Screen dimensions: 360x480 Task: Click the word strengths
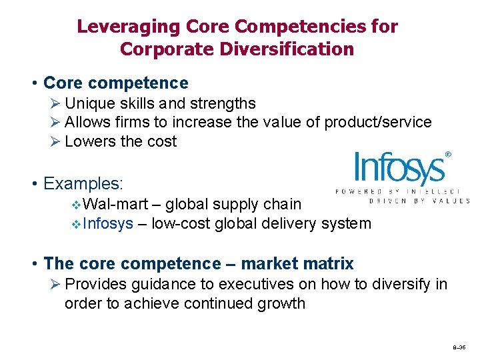click(222, 103)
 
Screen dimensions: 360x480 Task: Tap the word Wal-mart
click(117, 204)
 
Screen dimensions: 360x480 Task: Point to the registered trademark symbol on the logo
click(448, 155)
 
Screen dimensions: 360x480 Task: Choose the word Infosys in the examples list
click(109, 223)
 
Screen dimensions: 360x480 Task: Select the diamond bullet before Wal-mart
click(75, 204)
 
